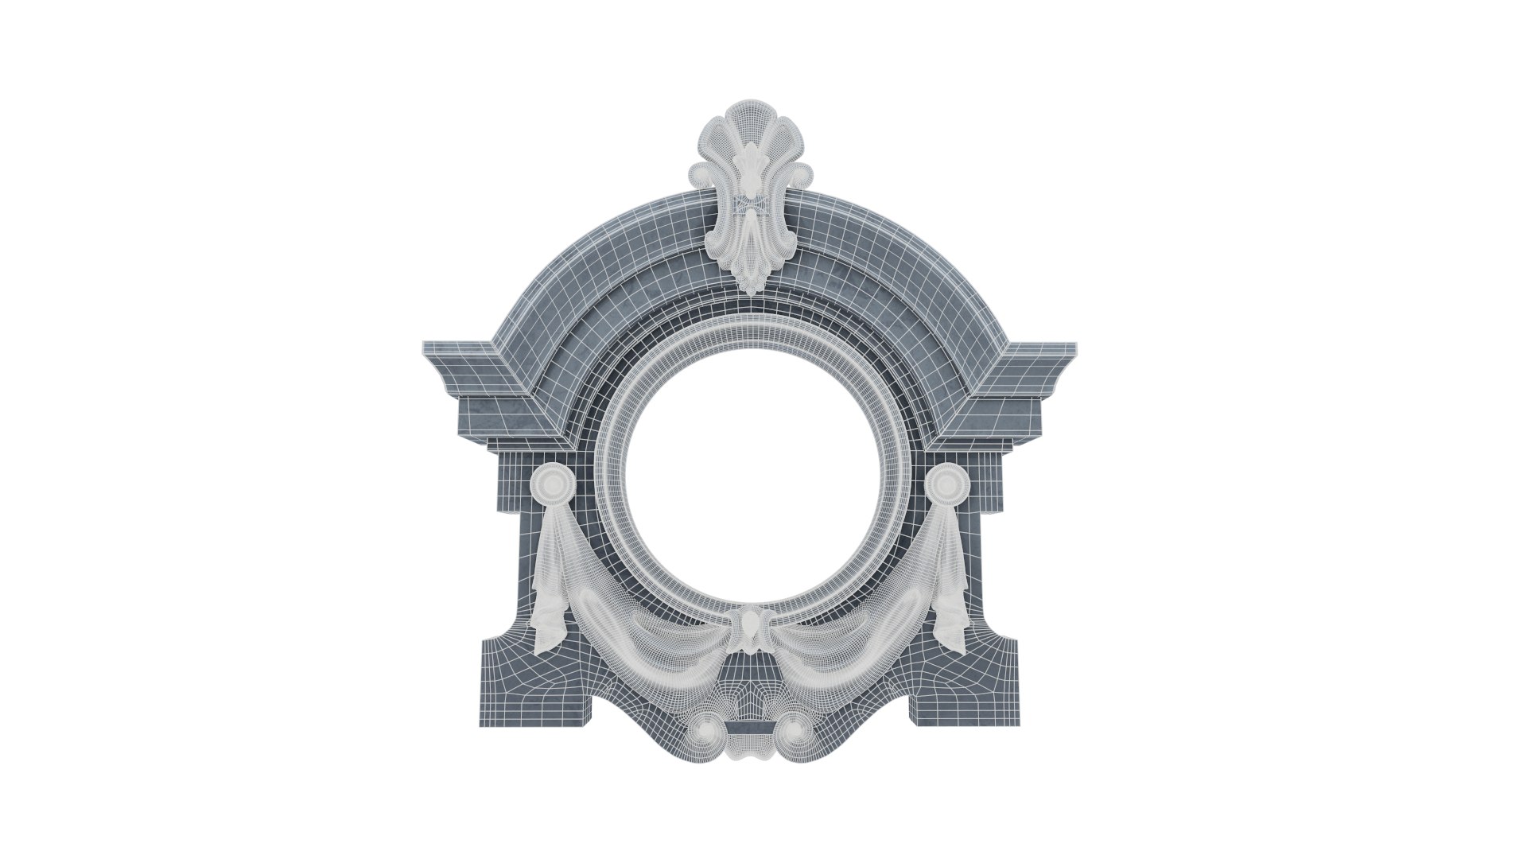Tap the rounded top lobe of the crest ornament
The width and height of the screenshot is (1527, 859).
748,135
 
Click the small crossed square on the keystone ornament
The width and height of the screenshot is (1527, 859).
748,204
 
